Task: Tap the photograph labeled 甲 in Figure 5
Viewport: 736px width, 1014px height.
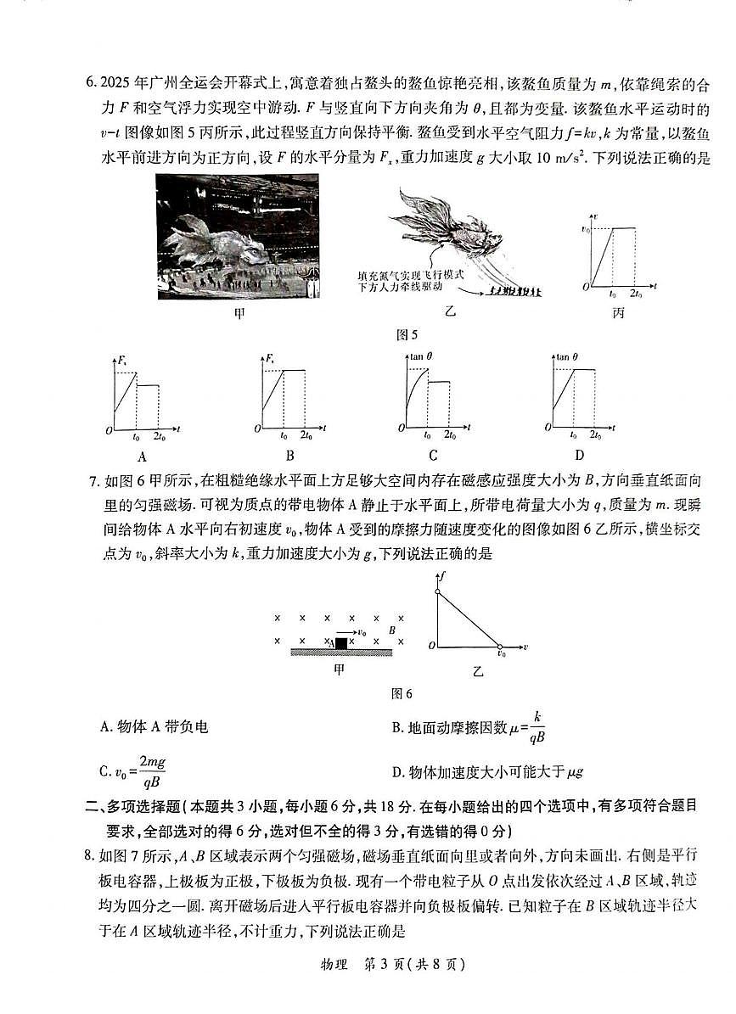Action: [x=238, y=237]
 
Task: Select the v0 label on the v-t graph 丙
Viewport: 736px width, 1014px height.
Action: [x=584, y=229]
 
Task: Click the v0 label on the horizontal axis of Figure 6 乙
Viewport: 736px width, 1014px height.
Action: [x=501, y=655]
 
